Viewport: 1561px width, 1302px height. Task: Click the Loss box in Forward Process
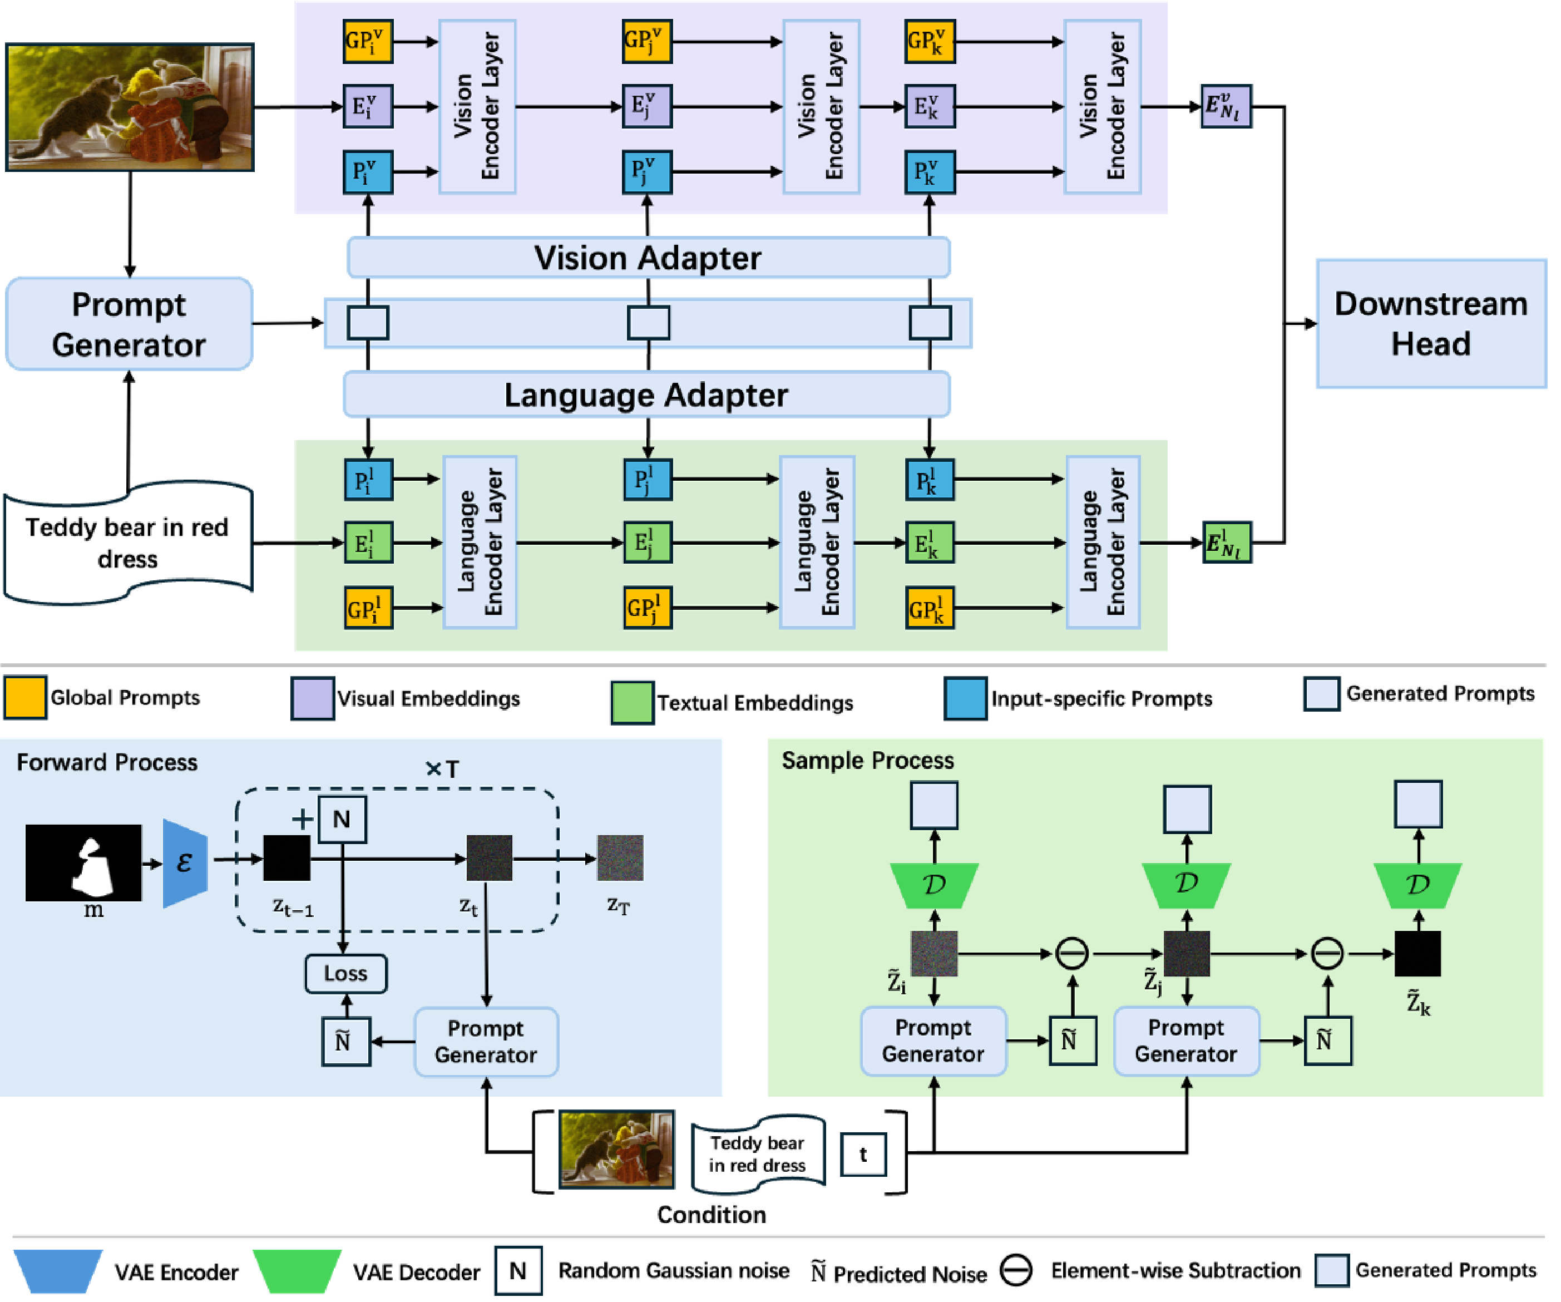[345, 973]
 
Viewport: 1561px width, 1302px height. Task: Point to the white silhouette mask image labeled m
[83, 862]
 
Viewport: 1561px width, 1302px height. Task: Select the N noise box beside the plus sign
[342, 820]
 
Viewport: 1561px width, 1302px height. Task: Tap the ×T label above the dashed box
[442, 769]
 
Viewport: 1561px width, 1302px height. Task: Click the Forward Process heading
[107, 762]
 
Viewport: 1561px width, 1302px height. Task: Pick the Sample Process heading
[867, 760]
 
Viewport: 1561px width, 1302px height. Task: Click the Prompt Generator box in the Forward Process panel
[486, 1042]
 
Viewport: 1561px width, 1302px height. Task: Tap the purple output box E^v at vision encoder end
[1226, 106]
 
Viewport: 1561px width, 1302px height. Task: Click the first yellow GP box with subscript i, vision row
[368, 41]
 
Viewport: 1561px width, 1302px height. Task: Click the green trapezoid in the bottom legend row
[297, 1271]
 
